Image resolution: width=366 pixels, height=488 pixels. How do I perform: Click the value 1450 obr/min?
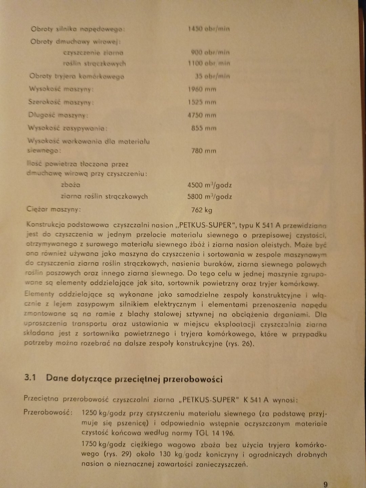coord(209,29)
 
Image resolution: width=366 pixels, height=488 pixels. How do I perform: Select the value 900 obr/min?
coord(210,52)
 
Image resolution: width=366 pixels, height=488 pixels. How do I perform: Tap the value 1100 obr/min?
coord(209,63)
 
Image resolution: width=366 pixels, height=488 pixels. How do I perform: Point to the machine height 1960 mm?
coord(202,89)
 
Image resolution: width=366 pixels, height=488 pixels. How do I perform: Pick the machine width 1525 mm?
coord(202,102)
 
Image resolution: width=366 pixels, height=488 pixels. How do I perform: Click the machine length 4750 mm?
coord(202,115)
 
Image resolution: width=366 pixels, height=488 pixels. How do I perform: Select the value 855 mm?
coord(204,128)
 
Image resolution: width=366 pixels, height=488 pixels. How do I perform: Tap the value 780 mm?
coord(204,151)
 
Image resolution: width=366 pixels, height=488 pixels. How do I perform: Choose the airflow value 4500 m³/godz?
coord(209,185)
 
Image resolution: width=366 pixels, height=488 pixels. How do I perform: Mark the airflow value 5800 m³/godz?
coord(209,197)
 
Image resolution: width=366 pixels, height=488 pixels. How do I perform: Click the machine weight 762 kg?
coord(202,210)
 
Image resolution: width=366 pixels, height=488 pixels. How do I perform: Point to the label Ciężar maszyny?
coord(54,209)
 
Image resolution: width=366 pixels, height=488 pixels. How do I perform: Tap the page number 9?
coord(325,484)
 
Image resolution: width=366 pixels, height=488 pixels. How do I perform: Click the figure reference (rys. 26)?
coord(239,343)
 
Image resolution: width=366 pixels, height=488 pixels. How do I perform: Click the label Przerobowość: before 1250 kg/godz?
coord(48,412)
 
